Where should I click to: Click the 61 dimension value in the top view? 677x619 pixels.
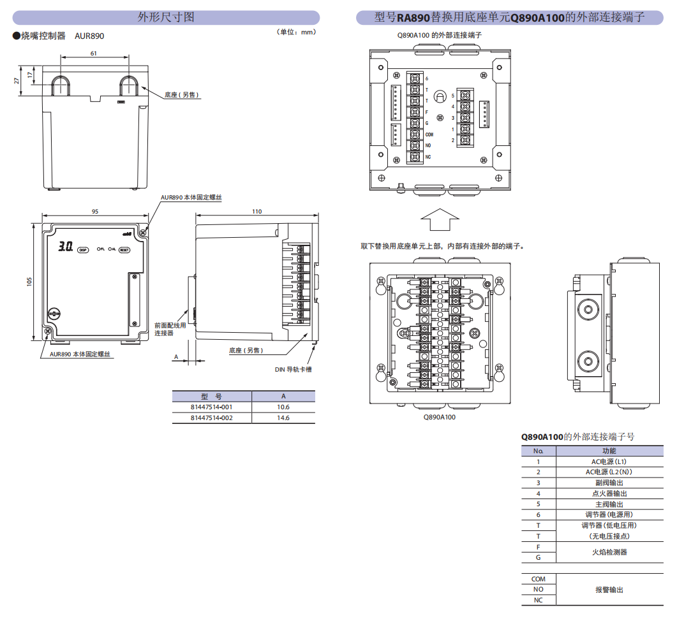click(x=94, y=54)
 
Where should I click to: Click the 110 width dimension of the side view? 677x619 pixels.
click(x=257, y=211)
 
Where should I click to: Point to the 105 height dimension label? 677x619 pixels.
click(x=29, y=281)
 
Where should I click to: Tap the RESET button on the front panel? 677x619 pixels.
click(x=124, y=250)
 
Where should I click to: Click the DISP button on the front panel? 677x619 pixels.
click(x=82, y=250)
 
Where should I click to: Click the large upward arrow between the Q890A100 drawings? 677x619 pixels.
click(x=440, y=221)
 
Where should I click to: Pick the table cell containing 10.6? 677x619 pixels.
click(x=283, y=407)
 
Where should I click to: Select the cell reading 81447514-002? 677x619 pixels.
click(x=212, y=418)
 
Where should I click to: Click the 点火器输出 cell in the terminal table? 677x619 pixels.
click(x=609, y=493)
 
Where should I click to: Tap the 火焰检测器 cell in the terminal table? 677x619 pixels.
click(x=609, y=552)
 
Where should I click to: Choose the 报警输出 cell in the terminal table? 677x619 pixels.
click(x=609, y=590)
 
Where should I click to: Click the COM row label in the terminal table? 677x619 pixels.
click(x=539, y=579)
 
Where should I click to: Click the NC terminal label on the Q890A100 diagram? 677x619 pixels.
click(x=428, y=157)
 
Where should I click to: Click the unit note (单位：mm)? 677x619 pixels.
click(x=296, y=32)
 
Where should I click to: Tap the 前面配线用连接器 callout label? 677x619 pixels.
click(x=170, y=329)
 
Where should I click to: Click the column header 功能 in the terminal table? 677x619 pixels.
click(x=609, y=451)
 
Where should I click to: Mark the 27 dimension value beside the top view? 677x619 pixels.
click(x=17, y=81)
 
